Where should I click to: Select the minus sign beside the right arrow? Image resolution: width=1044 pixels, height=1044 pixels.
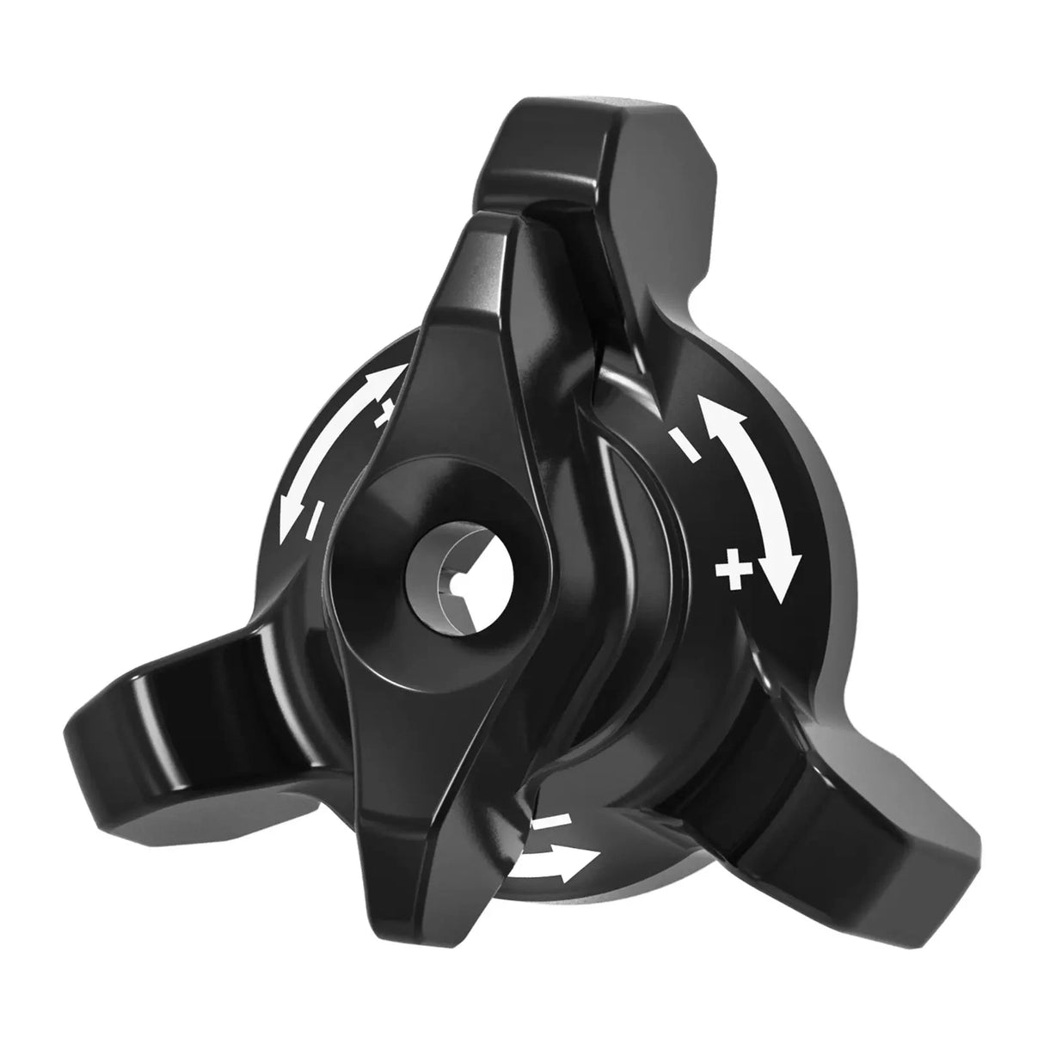pos(685,445)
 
